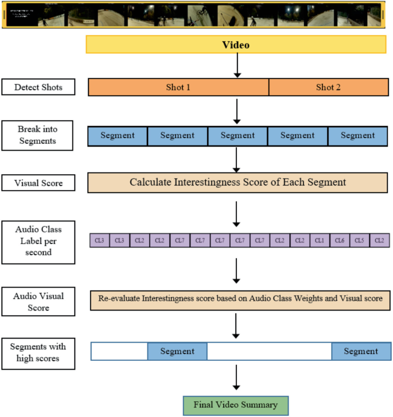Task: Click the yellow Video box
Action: point(236,45)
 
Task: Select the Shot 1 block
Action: point(178,87)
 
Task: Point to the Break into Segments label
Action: point(37,135)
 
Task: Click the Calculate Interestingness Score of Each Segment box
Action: point(237,183)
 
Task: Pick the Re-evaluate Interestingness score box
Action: point(240,299)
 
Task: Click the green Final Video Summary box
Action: point(236,404)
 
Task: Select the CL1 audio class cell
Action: point(320,241)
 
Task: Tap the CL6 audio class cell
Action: point(339,241)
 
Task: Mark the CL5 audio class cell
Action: point(359,241)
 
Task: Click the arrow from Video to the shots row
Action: point(236,66)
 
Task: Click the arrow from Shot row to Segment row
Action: point(236,111)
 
